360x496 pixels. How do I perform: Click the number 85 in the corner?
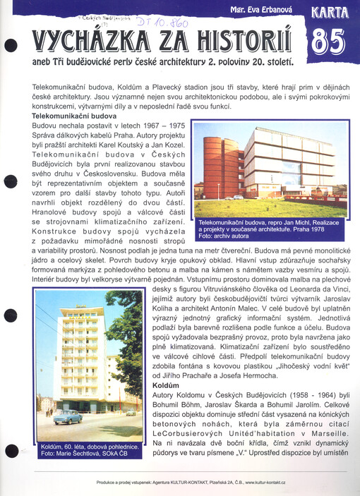click(x=328, y=43)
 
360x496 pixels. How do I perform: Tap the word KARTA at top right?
click(x=328, y=13)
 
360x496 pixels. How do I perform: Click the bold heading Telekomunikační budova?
click(x=73, y=115)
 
